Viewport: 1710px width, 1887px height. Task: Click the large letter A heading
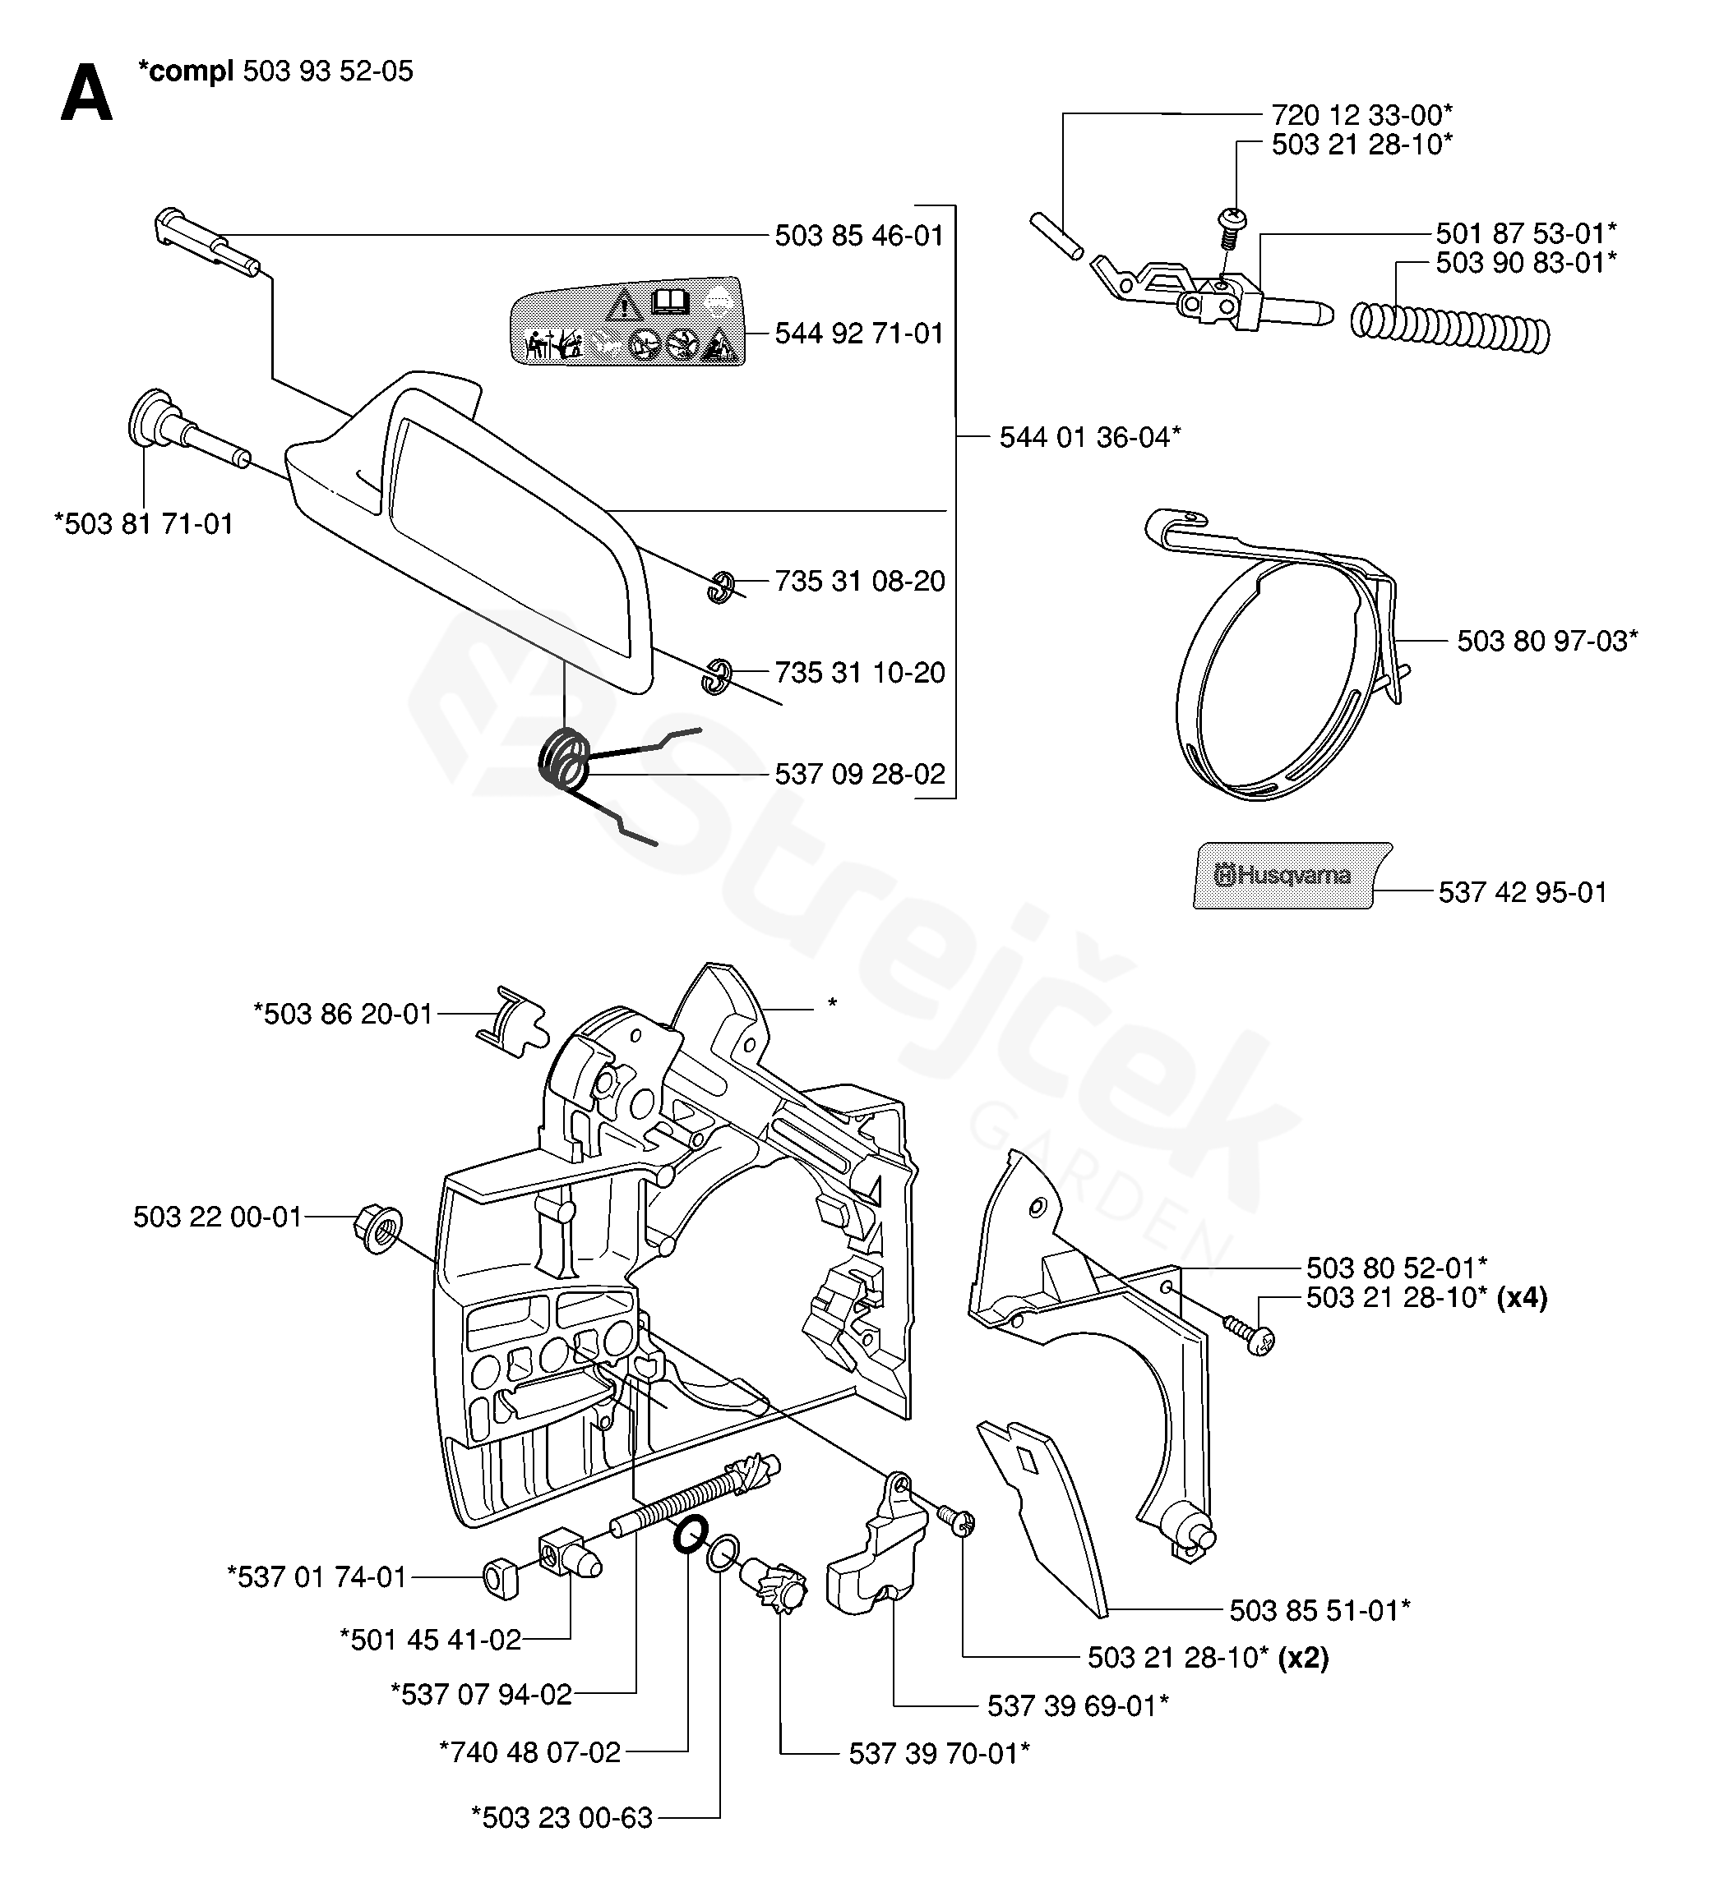pos(86,94)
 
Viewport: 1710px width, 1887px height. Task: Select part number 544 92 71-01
pos(859,334)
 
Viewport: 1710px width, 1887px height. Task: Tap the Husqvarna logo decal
pos(1292,875)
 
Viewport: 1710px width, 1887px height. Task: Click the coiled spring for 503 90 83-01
pos(1449,329)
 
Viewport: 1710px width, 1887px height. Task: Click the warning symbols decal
pos(626,320)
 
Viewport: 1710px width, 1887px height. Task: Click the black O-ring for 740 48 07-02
pos(691,1535)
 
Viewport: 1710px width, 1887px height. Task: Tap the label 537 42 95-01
pos(1522,892)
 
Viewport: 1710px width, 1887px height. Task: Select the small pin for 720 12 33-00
pos(1056,235)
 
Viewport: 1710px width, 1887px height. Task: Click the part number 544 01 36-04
pos(1089,436)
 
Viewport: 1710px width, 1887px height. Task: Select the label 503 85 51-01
pos(1319,1610)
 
